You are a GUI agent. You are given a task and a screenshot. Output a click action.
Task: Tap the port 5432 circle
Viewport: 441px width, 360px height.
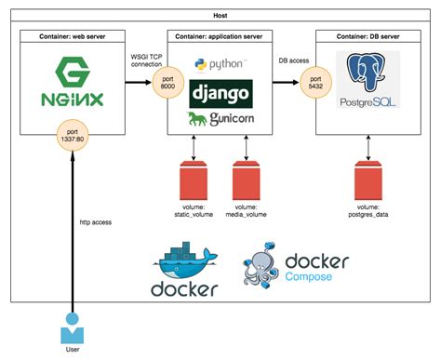(317, 84)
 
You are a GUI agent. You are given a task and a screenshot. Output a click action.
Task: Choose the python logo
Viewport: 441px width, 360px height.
(220, 64)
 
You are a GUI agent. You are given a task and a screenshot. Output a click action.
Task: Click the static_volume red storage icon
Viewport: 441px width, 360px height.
(193, 176)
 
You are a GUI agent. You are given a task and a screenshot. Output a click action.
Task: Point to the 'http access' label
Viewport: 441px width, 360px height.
(98, 221)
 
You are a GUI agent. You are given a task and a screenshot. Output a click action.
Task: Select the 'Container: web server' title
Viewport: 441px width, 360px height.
(71, 35)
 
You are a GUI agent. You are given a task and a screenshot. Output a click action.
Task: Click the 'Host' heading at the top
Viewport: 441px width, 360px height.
(220, 16)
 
